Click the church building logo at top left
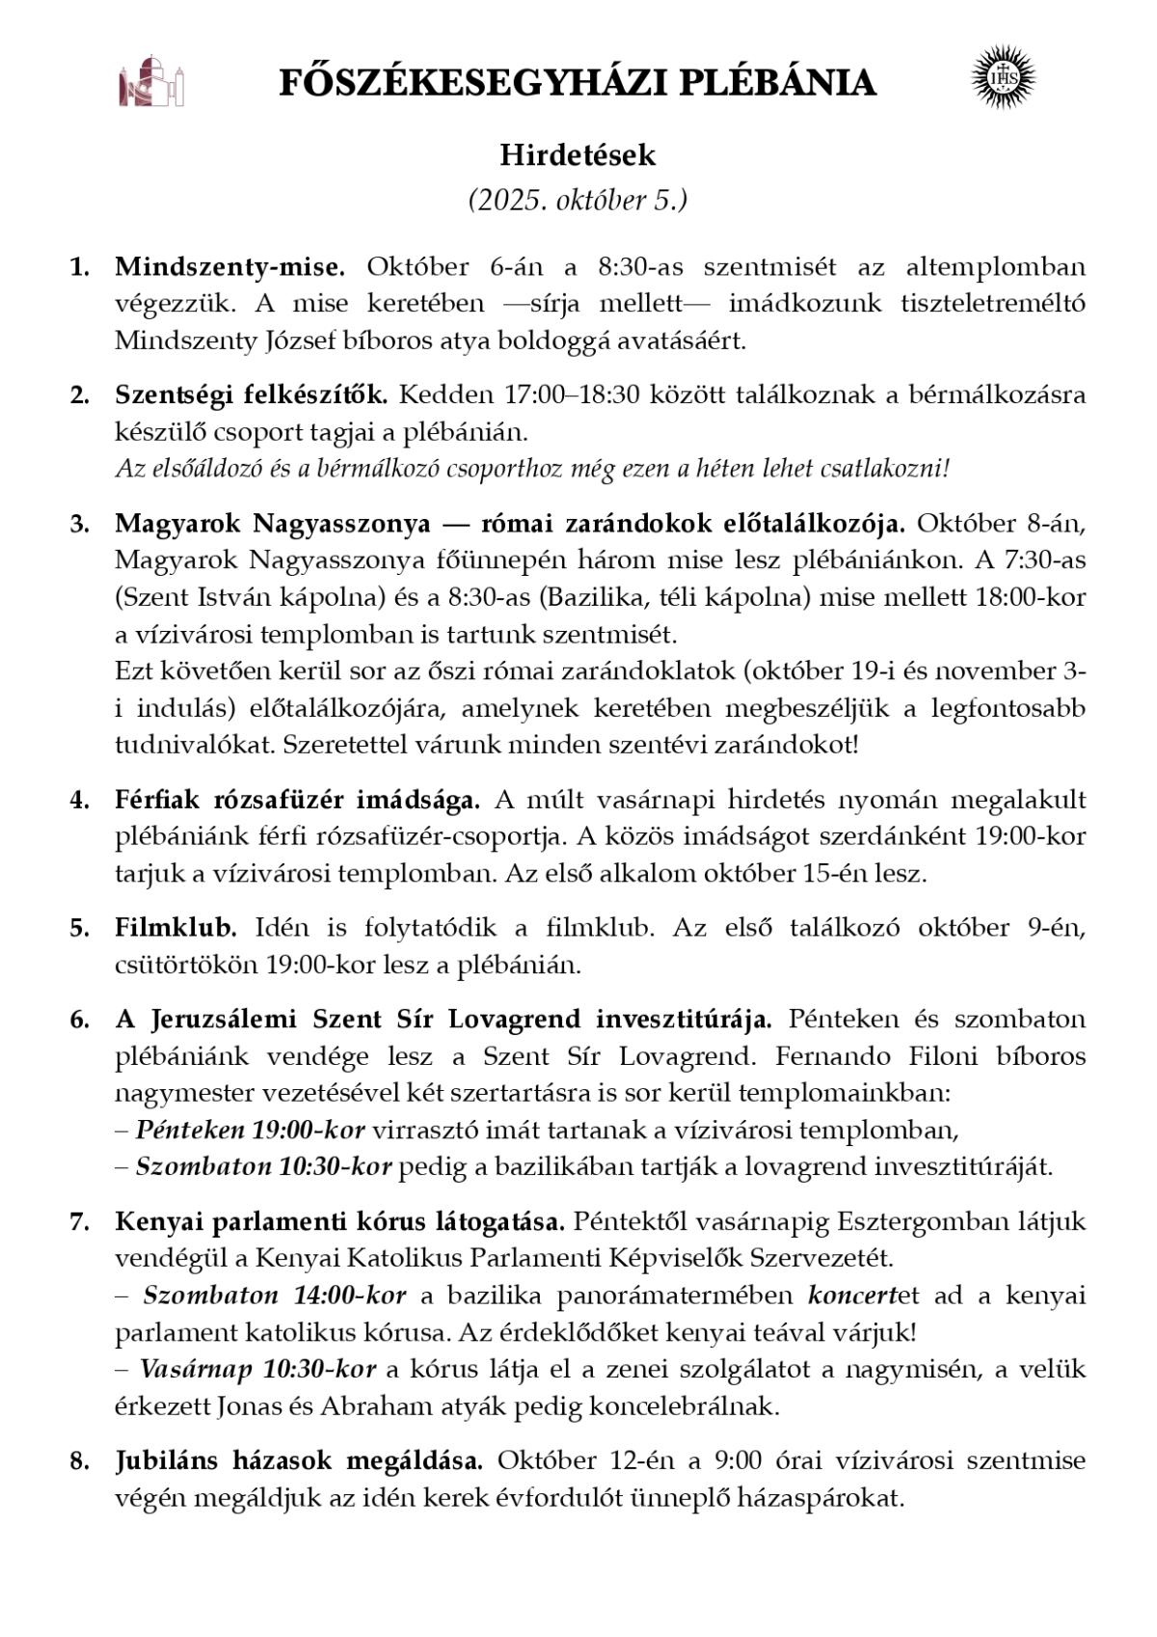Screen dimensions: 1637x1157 (150, 83)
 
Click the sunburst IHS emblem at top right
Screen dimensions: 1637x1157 (1003, 75)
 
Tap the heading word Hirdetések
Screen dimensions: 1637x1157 (578, 155)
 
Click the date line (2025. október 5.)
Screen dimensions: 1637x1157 (578, 201)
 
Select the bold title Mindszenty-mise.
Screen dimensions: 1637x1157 (229, 266)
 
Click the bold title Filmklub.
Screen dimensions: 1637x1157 (175, 928)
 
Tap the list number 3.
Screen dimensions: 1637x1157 (78, 524)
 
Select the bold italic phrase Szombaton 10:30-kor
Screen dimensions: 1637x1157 (263, 1166)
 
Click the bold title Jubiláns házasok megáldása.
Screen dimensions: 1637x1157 (299, 1460)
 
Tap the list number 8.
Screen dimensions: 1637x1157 (78, 1460)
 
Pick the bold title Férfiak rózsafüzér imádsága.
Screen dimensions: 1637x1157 (297, 800)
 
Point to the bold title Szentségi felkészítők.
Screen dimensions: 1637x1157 (251, 395)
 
